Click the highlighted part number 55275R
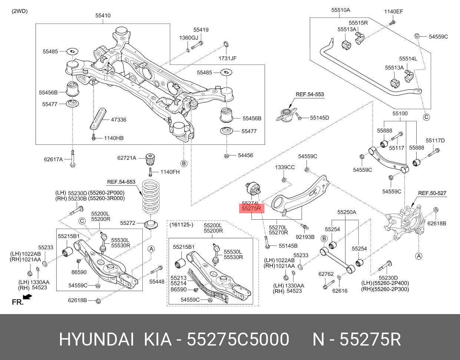252,209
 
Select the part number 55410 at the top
103,16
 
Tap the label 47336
119,120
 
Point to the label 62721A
127,158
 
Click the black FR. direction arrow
27,297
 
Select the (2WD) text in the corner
20,11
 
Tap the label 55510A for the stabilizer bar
340,10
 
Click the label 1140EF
393,11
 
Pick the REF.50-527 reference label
432,193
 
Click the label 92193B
305,237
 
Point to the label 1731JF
227,58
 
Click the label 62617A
53,160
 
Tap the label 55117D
435,140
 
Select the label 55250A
346,212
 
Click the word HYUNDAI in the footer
96,339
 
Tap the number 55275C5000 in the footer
238,339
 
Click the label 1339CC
285,167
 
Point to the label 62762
326,274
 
